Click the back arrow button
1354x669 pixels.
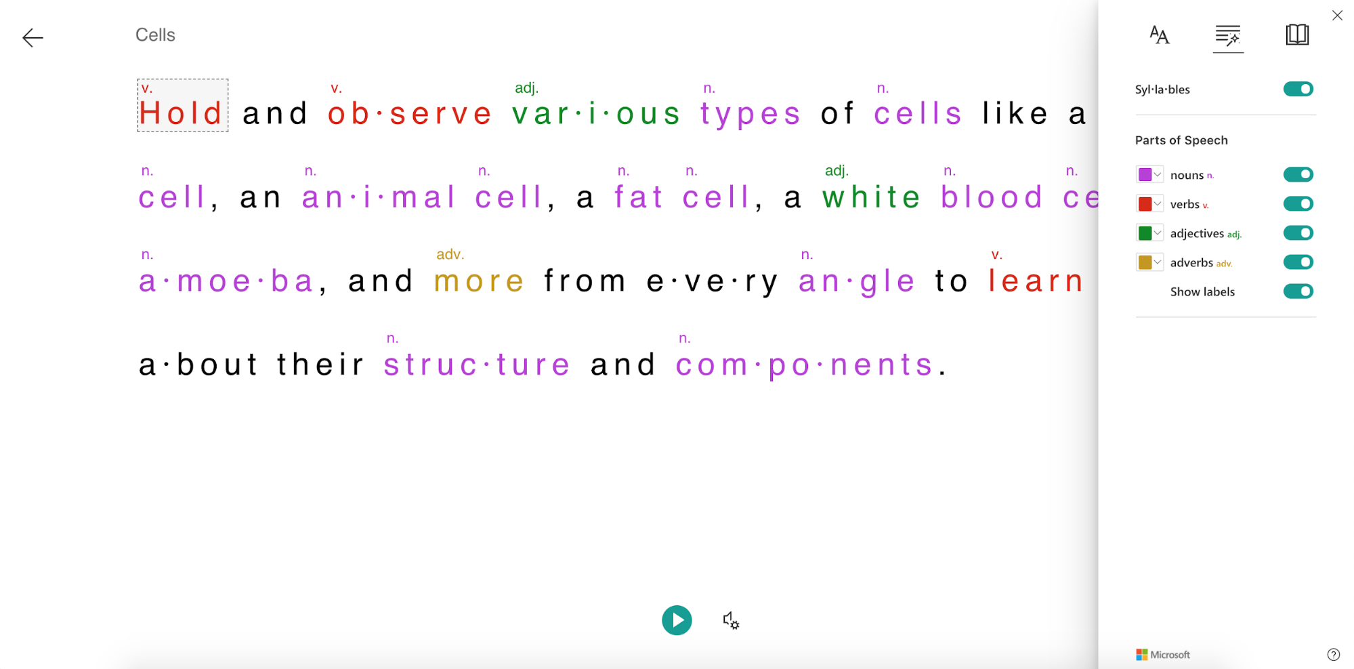pyautogui.click(x=33, y=37)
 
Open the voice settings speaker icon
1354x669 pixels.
pyautogui.click(x=731, y=620)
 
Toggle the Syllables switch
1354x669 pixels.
pyautogui.click(x=1298, y=89)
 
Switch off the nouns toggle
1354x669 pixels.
pyautogui.click(x=1298, y=175)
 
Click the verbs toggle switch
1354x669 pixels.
pyautogui.click(x=1298, y=204)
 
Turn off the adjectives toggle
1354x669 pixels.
pyautogui.click(x=1298, y=233)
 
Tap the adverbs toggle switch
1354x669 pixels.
pyautogui.click(x=1298, y=262)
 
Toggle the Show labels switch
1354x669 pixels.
pyautogui.click(x=1298, y=291)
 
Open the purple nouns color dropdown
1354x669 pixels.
pyautogui.click(x=1149, y=175)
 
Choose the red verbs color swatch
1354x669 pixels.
pyautogui.click(x=1145, y=204)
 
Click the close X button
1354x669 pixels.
pyautogui.click(x=1337, y=16)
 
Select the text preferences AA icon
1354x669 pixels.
pyautogui.click(x=1160, y=35)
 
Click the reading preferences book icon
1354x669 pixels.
pyautogui.click(x=1297, y=35)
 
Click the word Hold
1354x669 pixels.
pyautogui.click(x=181, y=113)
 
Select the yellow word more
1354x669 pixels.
pyautogui.click(x=479, y=281)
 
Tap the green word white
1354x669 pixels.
pyautogui.click(x=872, y=197)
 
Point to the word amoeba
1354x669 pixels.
pyautogui.click(x=226, y=281)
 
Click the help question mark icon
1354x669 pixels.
pyautogui.click(x=1333, y=655)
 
